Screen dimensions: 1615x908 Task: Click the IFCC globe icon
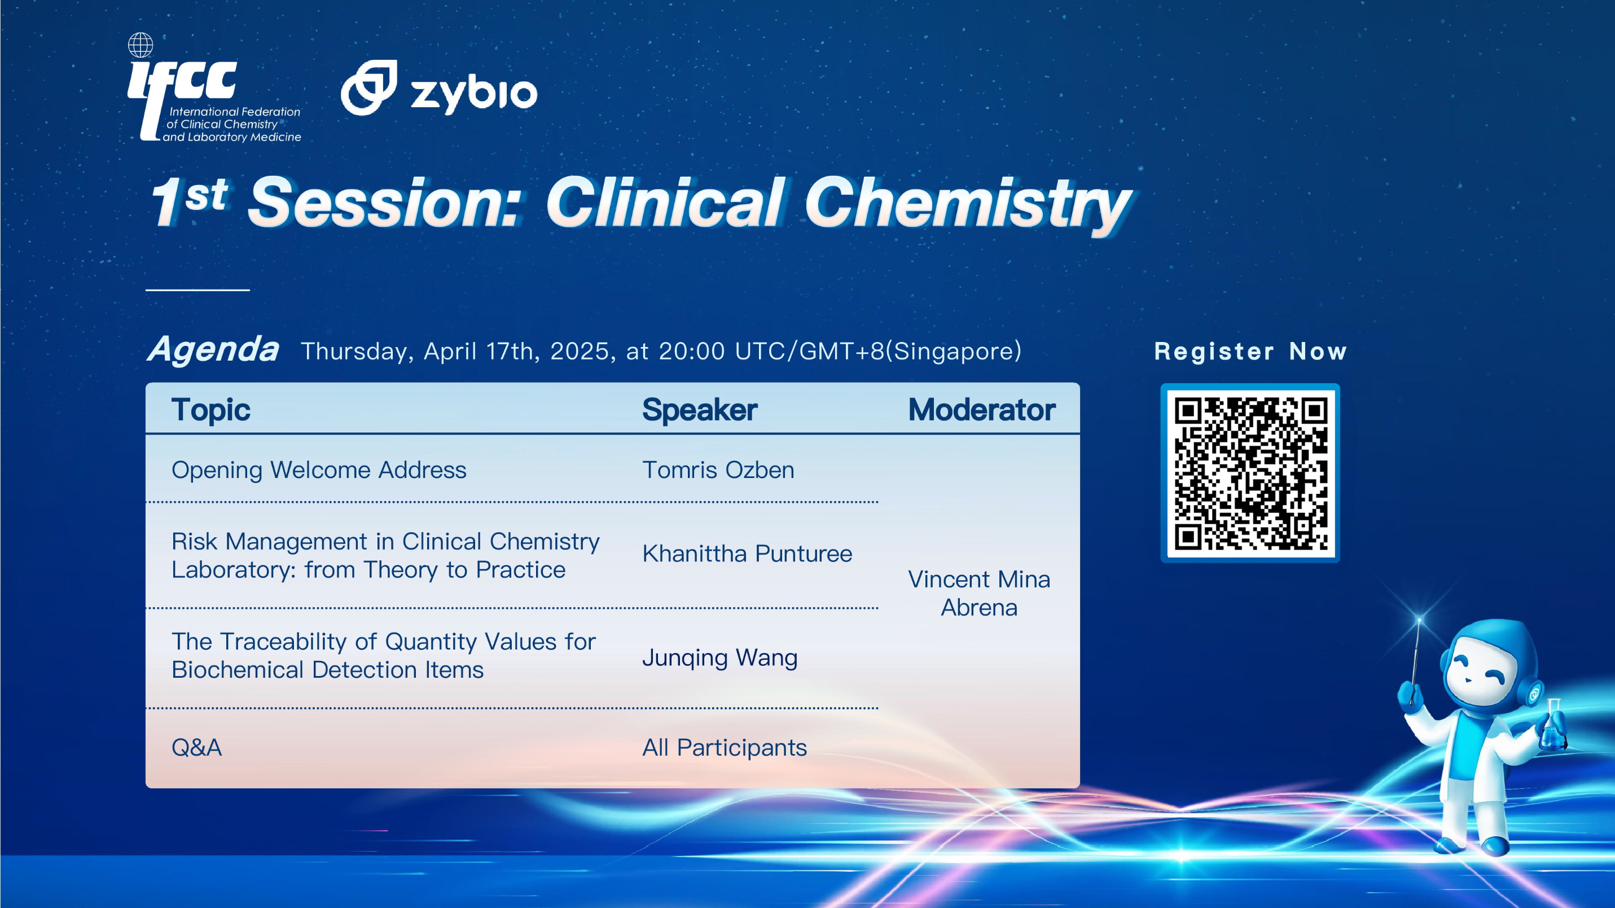coord(141,45)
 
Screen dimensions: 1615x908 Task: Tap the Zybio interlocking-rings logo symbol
coord(369,88)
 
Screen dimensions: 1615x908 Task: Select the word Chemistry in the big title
coord(968,203)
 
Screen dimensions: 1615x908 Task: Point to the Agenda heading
coord(213,349)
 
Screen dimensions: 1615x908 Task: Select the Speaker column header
coord(700,410)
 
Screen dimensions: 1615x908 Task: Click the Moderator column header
coord(982,410)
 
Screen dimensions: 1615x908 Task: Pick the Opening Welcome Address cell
coord(319,470)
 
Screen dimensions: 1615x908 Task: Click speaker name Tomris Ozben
coord(718,470)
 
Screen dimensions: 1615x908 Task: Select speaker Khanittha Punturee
coord(747,554)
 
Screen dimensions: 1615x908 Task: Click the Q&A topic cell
coord(197,748)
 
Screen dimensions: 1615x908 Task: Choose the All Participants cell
coord(725,748)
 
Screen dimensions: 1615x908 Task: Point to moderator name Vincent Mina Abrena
coord(979,593)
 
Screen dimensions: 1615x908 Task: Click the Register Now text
coord(1250,352)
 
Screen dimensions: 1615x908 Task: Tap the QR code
coord(1250,473)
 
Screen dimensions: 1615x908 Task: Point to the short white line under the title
coord(198,289)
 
